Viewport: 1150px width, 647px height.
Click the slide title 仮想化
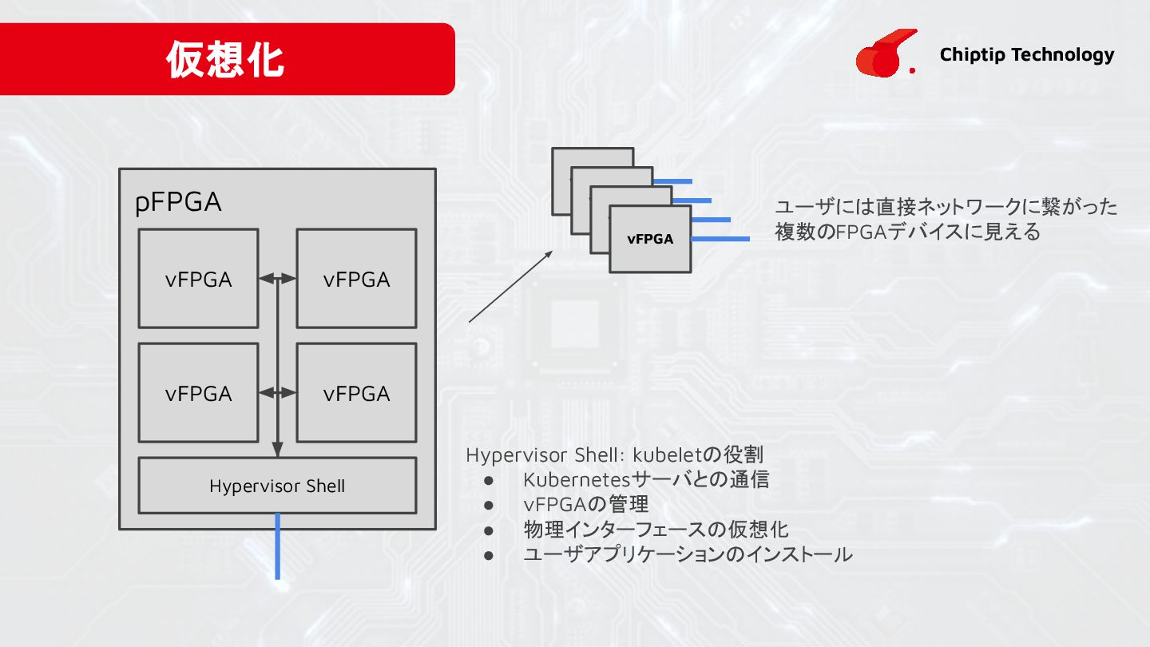[x=225, y=60]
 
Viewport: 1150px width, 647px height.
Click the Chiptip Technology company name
[x=1026, y=54]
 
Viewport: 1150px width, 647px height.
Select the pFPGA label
[x=178, y=203]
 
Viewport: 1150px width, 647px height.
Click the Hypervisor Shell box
[x=277, y=486]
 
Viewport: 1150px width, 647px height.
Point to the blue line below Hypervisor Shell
[x=277, y=546]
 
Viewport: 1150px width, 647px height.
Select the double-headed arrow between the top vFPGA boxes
[x=277, y=279]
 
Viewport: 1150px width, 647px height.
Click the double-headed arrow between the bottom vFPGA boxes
[x=277, y=393]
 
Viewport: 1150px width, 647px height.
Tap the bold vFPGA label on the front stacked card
[x=650, y=239]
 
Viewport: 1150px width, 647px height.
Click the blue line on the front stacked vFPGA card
[x=720, y=239]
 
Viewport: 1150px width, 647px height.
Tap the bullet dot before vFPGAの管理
[x=490, y=506]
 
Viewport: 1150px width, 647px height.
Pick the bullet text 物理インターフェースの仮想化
[x=656, y=530]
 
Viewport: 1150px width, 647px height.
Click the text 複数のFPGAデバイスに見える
[x=908, y=232]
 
